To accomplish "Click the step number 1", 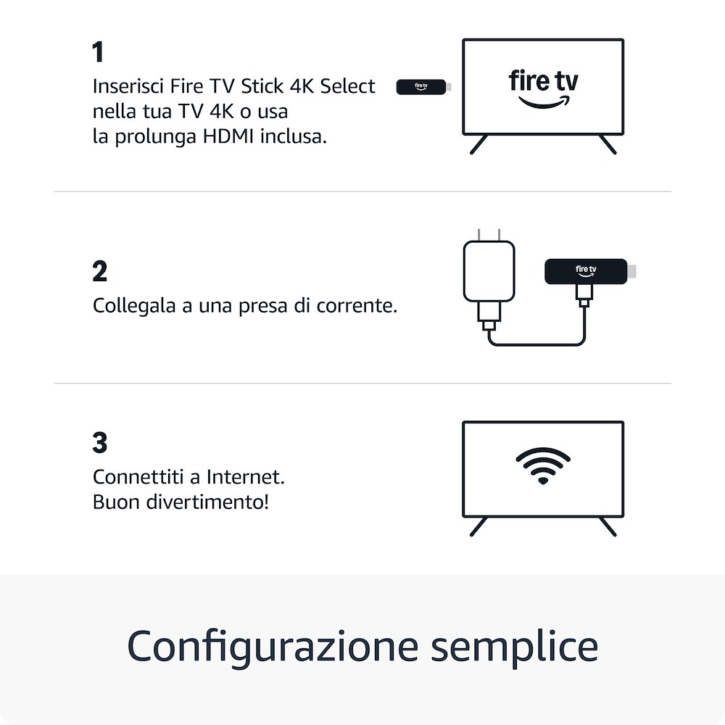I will point(98,53).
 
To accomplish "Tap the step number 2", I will point(100,272).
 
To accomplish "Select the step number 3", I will point(100,443).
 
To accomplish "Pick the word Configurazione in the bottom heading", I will point(273,647).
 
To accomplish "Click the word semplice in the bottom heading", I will point(514,647).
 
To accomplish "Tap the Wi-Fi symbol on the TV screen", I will point(543,465).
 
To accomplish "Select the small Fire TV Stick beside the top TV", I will point(422,87).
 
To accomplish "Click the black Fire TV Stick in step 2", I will point(584,271).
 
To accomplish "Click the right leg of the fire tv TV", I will point(608,144).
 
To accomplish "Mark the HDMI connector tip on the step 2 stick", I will point(633,271).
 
